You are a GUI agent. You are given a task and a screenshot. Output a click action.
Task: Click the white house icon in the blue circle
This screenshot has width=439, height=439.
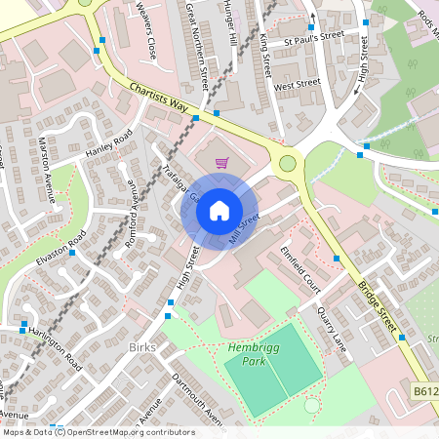(219, 210)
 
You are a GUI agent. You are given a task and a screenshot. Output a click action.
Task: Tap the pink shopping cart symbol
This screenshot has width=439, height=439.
(221, 163)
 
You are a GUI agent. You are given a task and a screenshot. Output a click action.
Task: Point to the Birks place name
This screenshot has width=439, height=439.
(142, 346)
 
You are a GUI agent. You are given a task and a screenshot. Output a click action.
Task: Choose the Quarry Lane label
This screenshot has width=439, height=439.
(332, 326)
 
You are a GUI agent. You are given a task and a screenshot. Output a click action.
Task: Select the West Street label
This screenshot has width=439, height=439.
(298, 86)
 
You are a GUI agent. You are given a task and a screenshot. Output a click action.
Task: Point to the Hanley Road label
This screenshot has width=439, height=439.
(108, 144)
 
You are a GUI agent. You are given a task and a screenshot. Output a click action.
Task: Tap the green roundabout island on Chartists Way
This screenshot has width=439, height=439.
(288, 162)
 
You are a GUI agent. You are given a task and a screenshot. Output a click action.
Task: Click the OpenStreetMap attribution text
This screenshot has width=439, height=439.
(98, 432)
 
